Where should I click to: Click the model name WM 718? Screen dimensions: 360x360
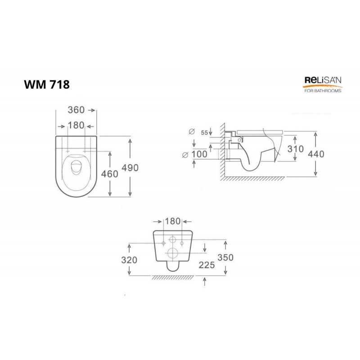pyautogui.click(x=47, y=85)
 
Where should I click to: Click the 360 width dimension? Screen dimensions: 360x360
pyautogui.click(x=76, y=110)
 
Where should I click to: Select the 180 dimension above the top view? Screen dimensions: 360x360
pyautogui.click(x=76, y=125)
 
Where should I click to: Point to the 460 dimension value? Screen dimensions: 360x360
pyautogui.click(x=111, y=174)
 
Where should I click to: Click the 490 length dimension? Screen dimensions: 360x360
pyautogui.click(x=130, y=167)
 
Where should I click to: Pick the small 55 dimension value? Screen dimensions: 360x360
pyautogui.click(x=204, y=132)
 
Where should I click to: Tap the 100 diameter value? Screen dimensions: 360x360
pyautogui.click(x=199, y=154)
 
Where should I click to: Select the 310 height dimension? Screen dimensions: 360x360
pyautogui.click(x=295, y=149)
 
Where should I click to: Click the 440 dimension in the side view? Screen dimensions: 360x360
pyautogui.click(x=316, y=153)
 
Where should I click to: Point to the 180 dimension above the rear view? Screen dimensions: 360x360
pyautogui.click(x=173, y=221)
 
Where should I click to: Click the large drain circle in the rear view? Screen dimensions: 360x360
pyautogui.click(x=172, y=252)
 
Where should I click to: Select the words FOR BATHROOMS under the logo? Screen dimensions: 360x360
pyautogui.click(x=321, y=90)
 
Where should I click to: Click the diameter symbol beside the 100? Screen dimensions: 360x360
pyautogui.click(x=185, y=155)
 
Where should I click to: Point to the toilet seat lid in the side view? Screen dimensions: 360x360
pyautogui.click(x=259, y=129)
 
